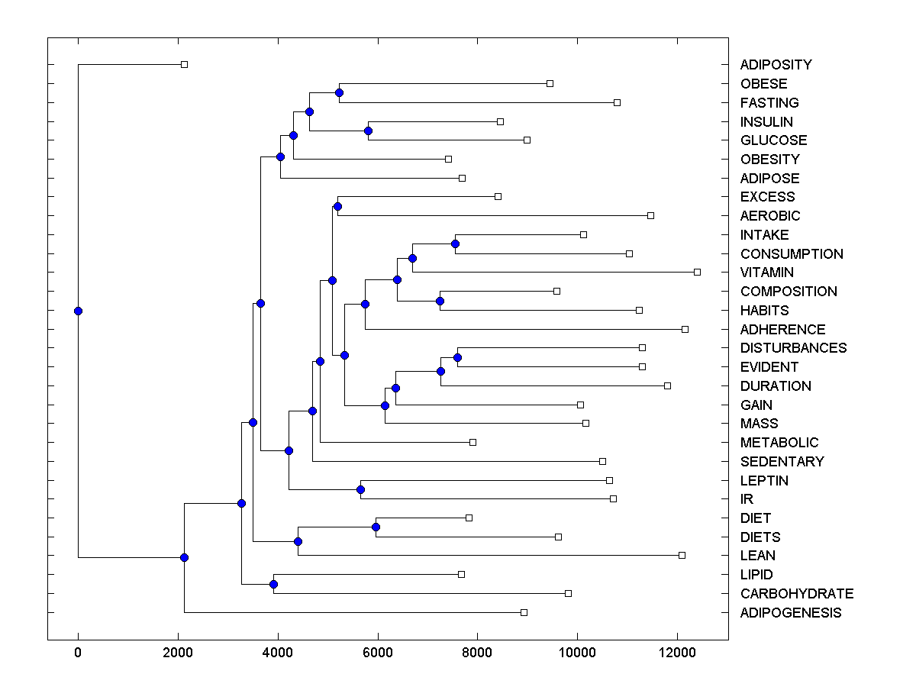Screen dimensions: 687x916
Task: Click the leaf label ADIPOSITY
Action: (x=776, y=65)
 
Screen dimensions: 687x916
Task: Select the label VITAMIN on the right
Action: (x=766, y=273)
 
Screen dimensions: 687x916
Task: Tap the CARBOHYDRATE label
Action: (x=796, y=594)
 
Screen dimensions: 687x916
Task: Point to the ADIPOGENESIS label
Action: (x=790, y=613)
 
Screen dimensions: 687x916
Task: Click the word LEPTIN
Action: (x=764, y=481)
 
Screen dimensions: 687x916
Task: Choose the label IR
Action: (x=747, y=499)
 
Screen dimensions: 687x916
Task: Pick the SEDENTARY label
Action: (x=782, y=462)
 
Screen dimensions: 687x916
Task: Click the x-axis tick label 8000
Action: (x=477, y=653)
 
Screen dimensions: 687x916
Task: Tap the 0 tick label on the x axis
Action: (x=78, y=653)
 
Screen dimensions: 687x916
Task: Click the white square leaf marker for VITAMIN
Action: (x=697, y=272)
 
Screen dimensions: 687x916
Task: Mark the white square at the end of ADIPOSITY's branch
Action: (x=184, y=64)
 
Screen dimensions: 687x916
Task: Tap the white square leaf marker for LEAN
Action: (x=682, y=555)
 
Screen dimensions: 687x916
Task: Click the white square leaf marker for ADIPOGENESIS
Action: (x=524, y=612)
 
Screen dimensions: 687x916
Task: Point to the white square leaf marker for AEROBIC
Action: (x=650, y=215)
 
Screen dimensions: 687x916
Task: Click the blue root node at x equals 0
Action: (x=78, y=311)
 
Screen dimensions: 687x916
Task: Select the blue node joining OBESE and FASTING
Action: (x=339, y=92)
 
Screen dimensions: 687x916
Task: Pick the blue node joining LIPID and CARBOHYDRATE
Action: (x=273, y=584)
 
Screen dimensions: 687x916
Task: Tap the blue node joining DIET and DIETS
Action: (x=376, y=527)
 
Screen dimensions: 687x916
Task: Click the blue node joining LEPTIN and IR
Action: (x=360, y=489)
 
